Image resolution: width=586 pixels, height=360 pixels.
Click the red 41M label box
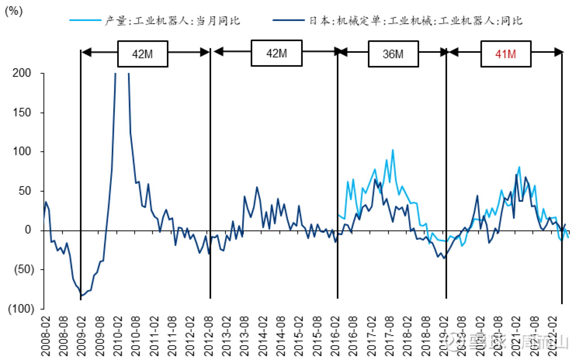505,54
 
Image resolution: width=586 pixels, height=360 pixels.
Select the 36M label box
393,54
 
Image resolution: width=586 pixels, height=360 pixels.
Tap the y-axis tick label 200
22,73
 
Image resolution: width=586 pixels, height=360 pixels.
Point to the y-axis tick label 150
22,112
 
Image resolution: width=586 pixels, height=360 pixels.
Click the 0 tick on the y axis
28,230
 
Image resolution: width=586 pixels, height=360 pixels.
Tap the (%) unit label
14,11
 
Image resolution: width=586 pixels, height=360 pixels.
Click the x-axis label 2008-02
46,336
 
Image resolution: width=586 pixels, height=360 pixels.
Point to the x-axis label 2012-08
208,336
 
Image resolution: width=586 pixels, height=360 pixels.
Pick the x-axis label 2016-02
335,336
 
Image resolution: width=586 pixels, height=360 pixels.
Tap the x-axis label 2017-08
389,336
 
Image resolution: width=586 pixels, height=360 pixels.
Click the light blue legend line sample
85,20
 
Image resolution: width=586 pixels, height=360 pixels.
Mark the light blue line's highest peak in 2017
393,150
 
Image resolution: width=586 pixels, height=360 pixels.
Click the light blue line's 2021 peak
519,167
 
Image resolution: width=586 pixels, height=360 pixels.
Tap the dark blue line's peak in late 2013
257,187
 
